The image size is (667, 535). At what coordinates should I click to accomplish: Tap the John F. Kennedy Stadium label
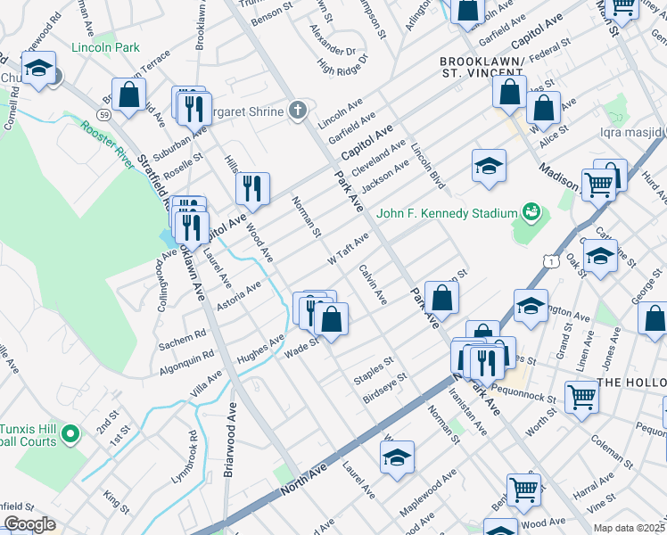point(447,213)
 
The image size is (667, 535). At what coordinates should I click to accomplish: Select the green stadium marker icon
point(531,211)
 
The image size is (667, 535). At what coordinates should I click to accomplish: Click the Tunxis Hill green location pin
point(70,434)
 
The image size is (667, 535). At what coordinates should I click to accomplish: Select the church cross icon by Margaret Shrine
point(298,111)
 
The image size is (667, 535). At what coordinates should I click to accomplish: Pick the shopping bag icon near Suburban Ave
point(130,95)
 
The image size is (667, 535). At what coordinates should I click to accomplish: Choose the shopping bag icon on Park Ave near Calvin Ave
point(441,298)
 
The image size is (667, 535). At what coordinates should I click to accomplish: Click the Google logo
point(29,524)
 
